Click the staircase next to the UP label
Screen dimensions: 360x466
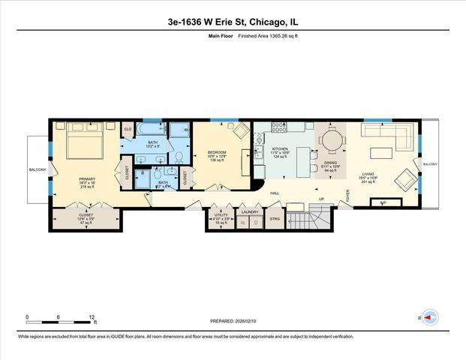tap(323, 219)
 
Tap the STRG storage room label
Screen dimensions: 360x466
tap(275, 220)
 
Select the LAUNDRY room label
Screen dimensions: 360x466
tap(249, 211)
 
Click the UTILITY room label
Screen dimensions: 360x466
tap(221, 214)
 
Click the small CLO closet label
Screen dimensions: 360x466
tap(128, 127)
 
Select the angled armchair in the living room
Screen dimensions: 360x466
tap(403, 179)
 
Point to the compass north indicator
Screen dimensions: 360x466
tap(428, 318)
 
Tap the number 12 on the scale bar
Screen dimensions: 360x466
tap(92, 316)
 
